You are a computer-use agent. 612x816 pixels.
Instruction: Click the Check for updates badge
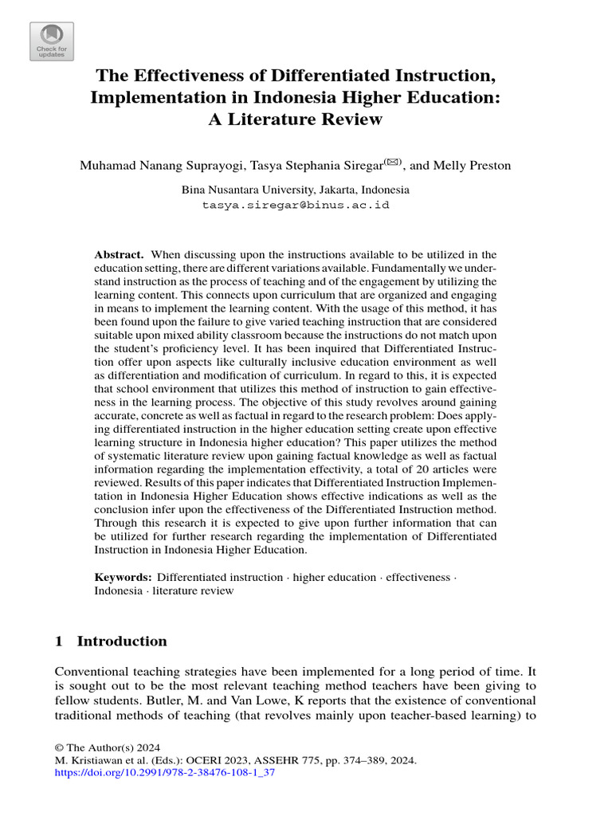pos(52,41)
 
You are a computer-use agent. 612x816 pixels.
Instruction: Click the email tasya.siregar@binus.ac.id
pos(295,205)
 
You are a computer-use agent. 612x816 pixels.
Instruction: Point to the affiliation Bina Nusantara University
pos(249,190)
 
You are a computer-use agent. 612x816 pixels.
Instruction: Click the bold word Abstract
pos(119,254)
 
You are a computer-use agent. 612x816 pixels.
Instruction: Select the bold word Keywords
pos(123,577)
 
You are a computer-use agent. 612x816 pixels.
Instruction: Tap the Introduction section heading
pos(122,641)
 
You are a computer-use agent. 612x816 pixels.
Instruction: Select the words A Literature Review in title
pos(296,120)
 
